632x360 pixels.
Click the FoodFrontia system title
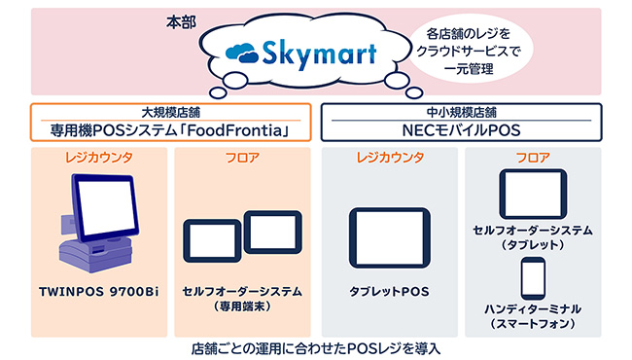170,127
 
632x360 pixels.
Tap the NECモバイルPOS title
458,127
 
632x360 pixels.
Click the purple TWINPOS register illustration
96,223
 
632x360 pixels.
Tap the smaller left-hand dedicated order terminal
212,241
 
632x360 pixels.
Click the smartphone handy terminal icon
533,277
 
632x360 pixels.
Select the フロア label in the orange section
241,158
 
